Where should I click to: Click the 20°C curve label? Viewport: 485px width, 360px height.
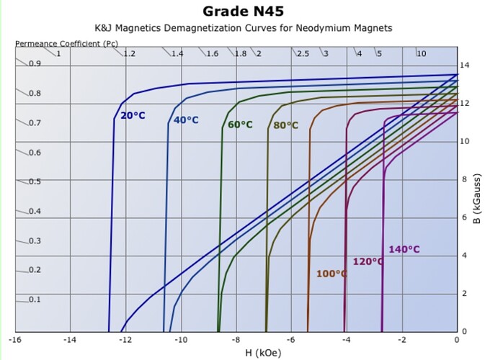[x=133, y=115]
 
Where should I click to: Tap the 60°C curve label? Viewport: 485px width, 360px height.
[x=240, y=125]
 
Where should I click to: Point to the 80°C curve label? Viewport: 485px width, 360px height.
[x=285, y=125]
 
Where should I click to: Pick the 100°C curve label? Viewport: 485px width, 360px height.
[x=332, y=274]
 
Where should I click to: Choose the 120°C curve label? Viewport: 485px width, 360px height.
[x=368, y=261]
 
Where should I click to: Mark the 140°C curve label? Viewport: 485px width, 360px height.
[x=404, y=249]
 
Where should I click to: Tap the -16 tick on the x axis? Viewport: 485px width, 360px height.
[x=15, y=338]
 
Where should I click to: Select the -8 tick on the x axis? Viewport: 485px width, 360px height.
[x=236, y=338]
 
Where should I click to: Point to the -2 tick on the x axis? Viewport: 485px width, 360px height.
[x=401, y=338]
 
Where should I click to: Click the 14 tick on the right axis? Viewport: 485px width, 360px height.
[x=466, y=66]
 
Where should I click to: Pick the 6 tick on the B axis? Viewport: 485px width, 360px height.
[x=466, y=217]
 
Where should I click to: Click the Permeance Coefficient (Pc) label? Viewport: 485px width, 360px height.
[x=66, y=43]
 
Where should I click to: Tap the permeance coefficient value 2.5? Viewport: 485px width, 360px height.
[x=303, y=54]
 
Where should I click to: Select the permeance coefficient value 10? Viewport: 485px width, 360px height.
[x=422, y=54]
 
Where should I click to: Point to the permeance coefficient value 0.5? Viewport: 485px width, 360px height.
[x=35, y=181]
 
